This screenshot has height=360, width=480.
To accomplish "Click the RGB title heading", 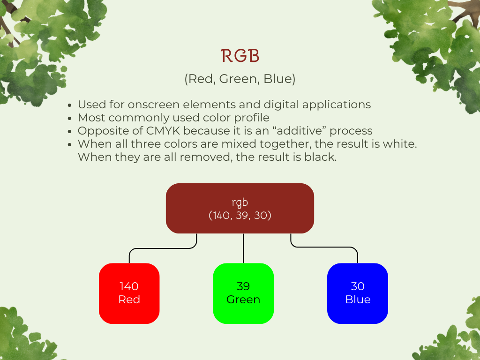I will pos(240,56).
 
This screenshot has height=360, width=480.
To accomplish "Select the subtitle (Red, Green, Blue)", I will pos(240,79).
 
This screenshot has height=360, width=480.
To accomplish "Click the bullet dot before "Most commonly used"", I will pos(70,118).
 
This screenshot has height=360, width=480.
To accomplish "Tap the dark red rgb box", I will pos(240,208).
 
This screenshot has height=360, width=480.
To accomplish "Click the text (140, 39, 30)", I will pos(240,215).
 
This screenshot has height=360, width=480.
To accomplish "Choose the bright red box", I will pos(129,293).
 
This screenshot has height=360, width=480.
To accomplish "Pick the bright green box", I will pos(243,293).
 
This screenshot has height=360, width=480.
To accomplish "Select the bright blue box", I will pos(358,293).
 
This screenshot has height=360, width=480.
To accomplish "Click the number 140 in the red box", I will pos(129,286).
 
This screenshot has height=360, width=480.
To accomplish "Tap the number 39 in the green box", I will pos(243,286).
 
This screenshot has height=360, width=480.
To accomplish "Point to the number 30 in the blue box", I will pos(358,286).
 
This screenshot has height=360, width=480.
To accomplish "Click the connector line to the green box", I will pos(243,248).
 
